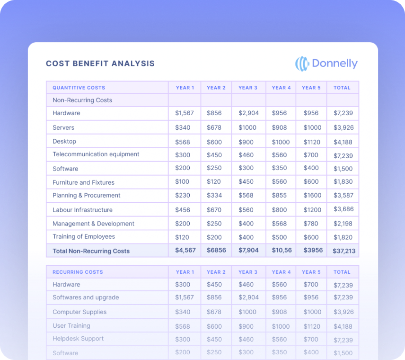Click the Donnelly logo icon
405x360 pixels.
[x=302, y=63]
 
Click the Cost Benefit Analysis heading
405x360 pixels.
[x=100, y=63]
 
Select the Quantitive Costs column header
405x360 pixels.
[x=79, y=88]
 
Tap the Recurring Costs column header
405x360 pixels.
[x=78, y=272]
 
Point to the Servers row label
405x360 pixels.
[x=63, y=127]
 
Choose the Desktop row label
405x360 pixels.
[x=64, y=141]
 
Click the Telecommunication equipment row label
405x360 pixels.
[x=96, y=154]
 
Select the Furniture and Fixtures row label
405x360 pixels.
[x=83, y=182]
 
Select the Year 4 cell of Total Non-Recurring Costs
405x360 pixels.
[x=281, y=250]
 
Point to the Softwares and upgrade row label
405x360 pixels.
[x=86, y=297]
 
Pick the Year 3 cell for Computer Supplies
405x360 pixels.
[x=248, y=312]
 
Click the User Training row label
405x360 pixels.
[x=71, y=326]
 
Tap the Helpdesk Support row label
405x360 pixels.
[x=78, y=339]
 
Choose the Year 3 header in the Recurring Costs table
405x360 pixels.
[x=248, y=272]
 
